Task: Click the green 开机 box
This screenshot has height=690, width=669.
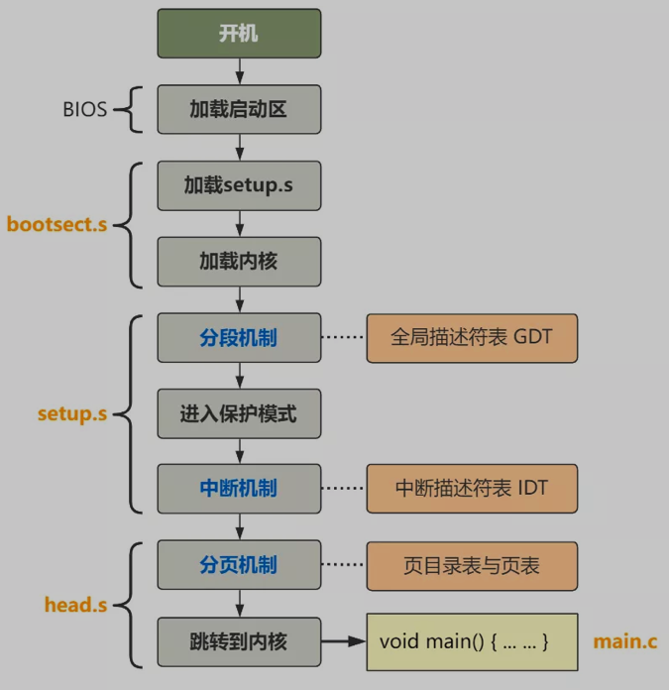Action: coord(239,33)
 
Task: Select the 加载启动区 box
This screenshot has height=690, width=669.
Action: coord(239,109)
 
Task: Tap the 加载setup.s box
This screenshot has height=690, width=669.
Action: coord(239,185)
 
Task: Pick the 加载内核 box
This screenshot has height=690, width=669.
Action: coord(239,261)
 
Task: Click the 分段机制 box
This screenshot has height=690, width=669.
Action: coord(239,338)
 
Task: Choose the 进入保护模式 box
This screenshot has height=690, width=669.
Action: coord(239,413)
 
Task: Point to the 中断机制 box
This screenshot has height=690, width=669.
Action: coord(239,489)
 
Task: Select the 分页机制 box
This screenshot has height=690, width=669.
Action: coord(239,565)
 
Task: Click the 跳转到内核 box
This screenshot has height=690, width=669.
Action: coord(239,641)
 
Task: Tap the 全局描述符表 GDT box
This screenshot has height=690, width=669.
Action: coord(472,338)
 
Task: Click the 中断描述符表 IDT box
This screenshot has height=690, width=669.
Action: coord(472,489)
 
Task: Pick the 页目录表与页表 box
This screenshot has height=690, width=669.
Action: coord(472,565)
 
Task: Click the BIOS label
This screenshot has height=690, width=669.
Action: coord(84,110)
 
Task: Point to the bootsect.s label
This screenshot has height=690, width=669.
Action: coord(56,224)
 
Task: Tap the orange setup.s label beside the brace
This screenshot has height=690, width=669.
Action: coord(71,413)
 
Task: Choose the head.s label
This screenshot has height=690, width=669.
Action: coord(76,604)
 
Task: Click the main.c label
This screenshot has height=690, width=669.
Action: coord(624,641)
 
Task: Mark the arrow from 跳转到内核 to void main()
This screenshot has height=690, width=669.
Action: coord(343,641)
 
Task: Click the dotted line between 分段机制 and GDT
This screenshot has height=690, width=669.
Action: coord(343,338)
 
